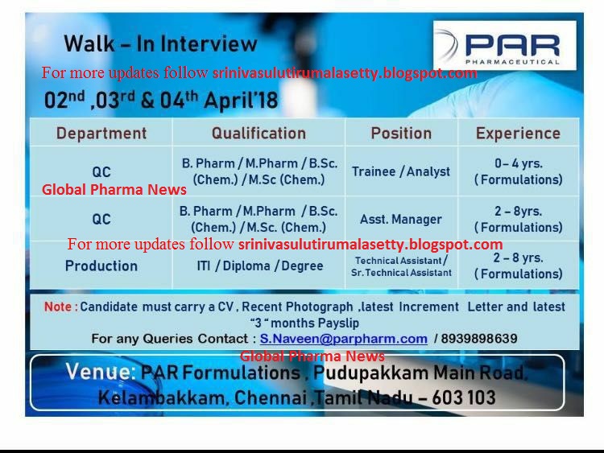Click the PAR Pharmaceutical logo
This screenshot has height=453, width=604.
505,46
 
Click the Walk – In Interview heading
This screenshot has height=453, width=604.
160,43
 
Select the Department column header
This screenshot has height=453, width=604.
101,134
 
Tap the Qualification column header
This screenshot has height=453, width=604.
259,134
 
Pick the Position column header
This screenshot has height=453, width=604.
401,134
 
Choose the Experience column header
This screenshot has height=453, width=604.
518,134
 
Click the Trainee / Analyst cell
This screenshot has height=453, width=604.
401,171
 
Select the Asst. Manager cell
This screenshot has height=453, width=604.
401,219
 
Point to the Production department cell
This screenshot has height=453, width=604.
101,266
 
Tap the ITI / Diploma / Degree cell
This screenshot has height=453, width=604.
259,266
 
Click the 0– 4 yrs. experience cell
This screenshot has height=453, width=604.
518,171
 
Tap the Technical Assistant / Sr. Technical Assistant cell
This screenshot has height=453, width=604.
401,266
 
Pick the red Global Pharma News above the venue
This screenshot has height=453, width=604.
312,356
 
